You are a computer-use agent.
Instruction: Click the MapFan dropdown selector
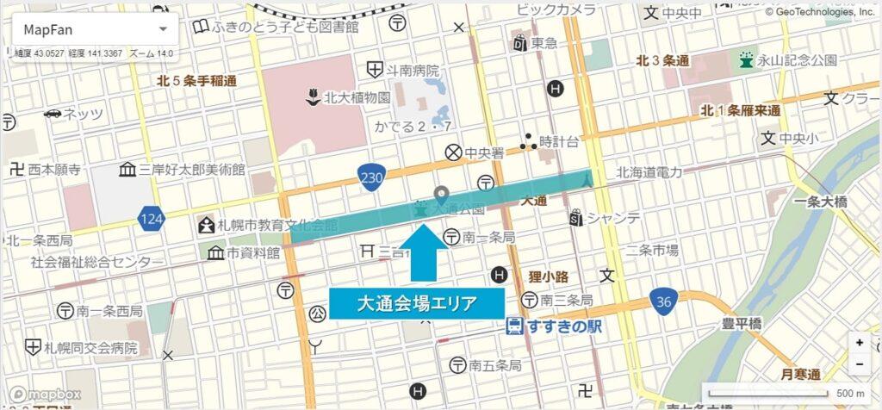click(x=94, y=29)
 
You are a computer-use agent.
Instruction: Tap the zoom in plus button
click(x=859, y=342)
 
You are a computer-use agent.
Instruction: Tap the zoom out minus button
click(x=859, y=363)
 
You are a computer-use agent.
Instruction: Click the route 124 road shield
click(x=151, y=220)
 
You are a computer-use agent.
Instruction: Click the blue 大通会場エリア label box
click(x=418, y=303)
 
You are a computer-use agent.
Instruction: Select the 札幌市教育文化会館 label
click(x=267, y=226)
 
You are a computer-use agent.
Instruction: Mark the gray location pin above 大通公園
click(x=442, y=195)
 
